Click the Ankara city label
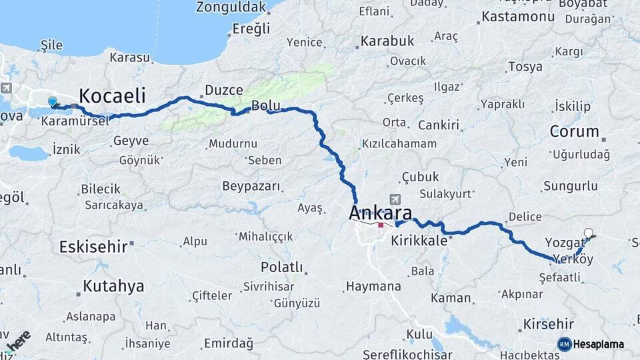pos(379,213)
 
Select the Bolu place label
pos(265,105)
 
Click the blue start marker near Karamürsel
pos(53,102)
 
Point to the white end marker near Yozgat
pos(588,233)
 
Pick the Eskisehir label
pos(93,247)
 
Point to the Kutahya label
pos(113,287)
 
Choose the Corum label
pos(573,131)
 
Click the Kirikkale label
pos(419,241)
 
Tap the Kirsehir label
pos(549,323)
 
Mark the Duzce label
pos(223,89)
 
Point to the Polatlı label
pos(281,267)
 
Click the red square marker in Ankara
pos(381,225)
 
